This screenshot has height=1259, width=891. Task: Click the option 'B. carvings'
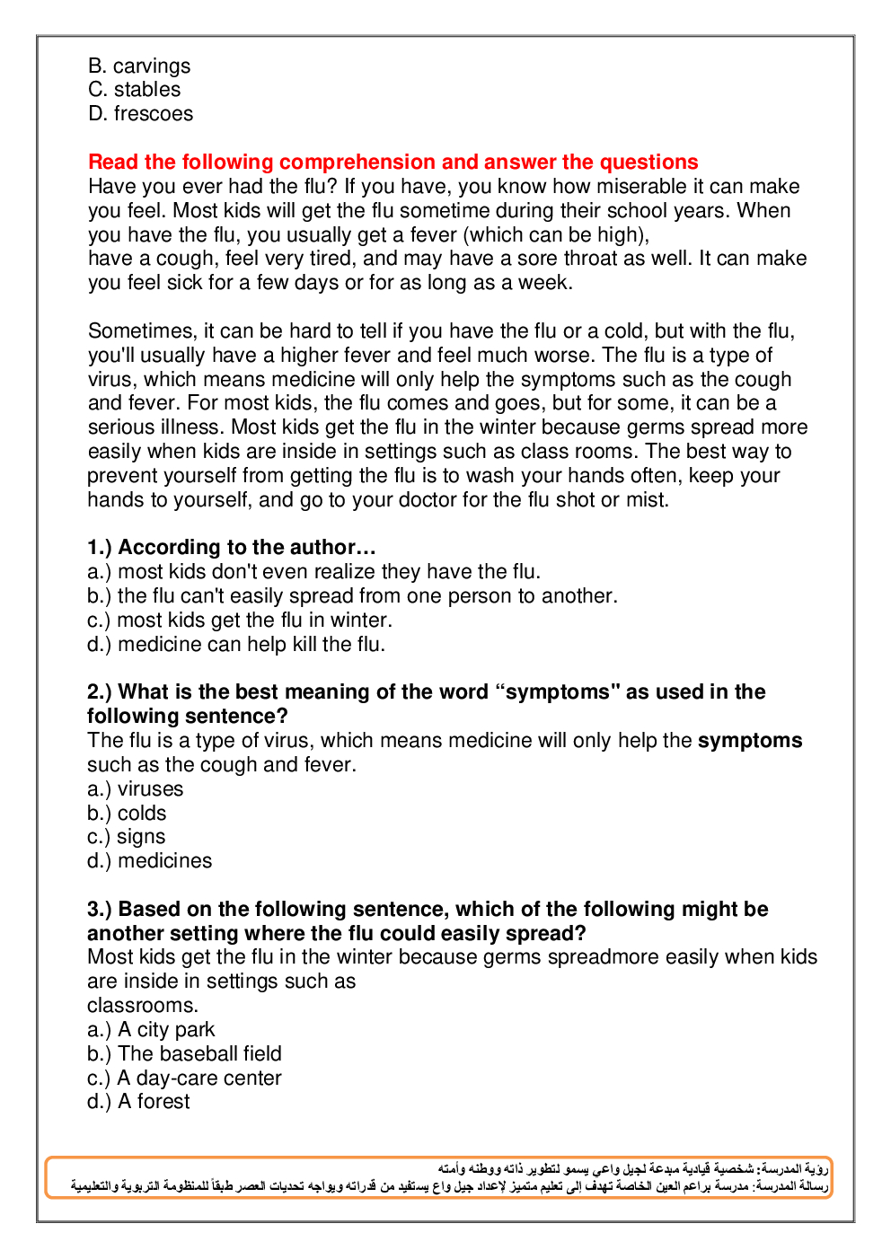pyautogui.click(x=139, y=66)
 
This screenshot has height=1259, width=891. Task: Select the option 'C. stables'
pyautogui.click(x=135, y=90)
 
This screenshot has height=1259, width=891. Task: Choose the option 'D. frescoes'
pyautogui.click(x=141, y=114)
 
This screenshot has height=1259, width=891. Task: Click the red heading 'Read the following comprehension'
pyautogui.click(x=393, y=163)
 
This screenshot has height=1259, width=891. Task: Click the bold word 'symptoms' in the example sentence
pyautogui.click(x=750, y=741)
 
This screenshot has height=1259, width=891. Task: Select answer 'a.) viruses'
pyautogui.click(x=136, y=789)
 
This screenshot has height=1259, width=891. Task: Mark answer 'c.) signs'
pyautogui.click(x=127, y=837)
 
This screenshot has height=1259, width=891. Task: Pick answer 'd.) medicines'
pyautogui.click(x=150, y=861)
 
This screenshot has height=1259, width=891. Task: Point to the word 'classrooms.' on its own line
pyautogui.click(x=143, y=1006)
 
